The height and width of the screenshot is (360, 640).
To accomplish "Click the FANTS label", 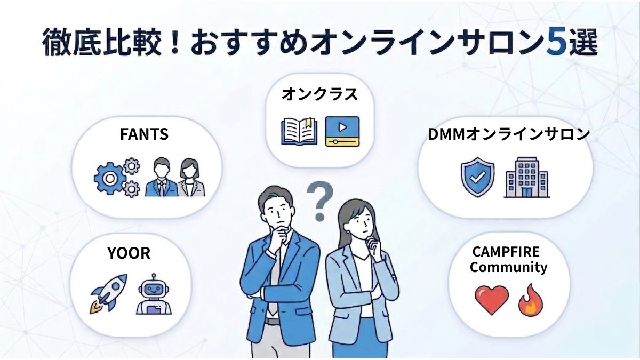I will (x=144, y=134).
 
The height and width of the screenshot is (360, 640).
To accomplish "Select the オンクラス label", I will (x=320, y=94).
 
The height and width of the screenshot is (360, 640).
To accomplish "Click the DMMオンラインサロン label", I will (x=509, y=134).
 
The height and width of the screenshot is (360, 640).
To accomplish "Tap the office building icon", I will (x=526, y=177).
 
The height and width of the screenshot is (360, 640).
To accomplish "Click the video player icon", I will (x=342, y=131).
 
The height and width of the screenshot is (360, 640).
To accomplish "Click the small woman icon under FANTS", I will (x=190, y=178).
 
